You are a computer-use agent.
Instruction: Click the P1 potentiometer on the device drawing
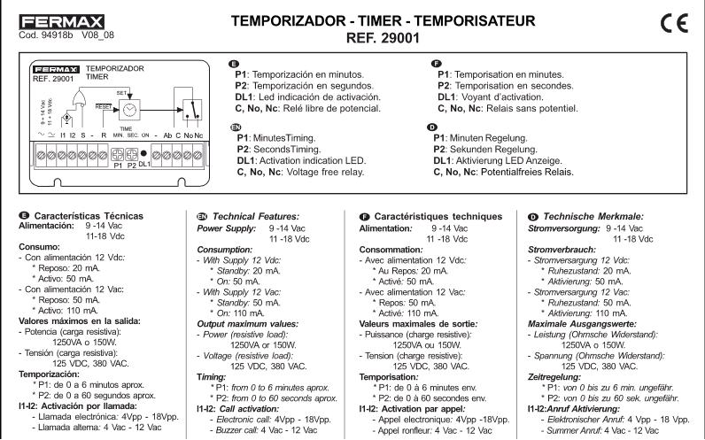click(117, 154)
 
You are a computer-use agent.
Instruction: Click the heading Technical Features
click(235, 216)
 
